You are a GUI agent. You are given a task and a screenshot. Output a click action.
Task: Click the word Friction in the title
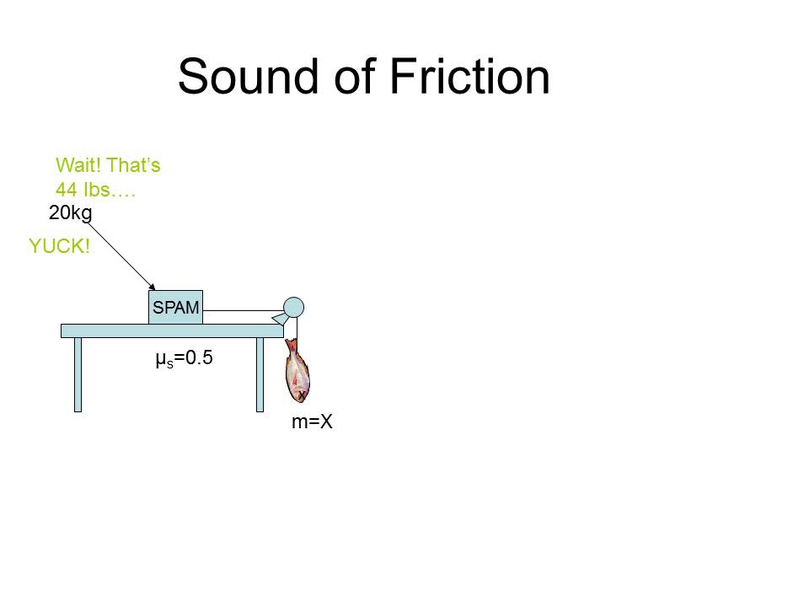[469, 77]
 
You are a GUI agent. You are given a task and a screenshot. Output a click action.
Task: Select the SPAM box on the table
[175, 309]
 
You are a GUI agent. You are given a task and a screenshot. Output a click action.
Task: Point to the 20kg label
[70, 213]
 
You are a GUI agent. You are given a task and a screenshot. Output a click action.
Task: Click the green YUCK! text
[59, 246]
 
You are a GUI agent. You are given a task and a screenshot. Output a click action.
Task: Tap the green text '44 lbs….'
[95, 189]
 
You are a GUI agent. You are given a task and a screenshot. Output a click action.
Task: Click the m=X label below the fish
[312, 422]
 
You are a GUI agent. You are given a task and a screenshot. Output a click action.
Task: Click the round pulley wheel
[293, 308]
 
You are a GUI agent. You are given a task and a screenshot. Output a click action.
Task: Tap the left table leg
[78, 374]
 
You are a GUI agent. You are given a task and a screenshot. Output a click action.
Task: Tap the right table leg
[260, 374]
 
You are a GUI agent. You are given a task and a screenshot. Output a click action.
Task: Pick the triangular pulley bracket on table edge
[279, 318]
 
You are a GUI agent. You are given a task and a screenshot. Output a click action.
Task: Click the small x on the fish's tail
[301, 395]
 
